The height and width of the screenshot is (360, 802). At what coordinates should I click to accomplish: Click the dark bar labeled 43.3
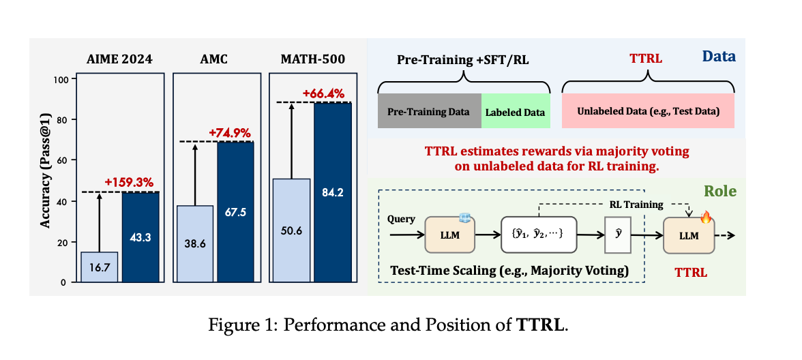140,237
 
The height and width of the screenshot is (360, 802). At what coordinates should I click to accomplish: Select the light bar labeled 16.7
100,267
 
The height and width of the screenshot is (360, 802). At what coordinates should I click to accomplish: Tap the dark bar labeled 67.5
236,211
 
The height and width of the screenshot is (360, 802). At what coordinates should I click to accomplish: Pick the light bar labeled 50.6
291,230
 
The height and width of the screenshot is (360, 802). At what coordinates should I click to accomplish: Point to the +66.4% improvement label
323,93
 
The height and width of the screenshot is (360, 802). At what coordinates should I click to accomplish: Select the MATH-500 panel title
312,59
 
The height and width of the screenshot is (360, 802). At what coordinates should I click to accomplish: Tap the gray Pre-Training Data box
429,111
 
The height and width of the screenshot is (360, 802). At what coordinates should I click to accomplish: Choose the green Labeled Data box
515,111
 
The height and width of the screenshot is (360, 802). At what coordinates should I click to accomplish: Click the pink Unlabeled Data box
648,111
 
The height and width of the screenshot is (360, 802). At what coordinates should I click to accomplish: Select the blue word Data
719,56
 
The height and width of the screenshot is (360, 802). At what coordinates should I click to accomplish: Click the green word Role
720,191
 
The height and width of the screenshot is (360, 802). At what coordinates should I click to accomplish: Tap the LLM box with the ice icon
449,235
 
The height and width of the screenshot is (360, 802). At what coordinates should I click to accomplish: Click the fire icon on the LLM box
706,218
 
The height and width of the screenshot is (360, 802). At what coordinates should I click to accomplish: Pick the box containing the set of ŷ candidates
538,235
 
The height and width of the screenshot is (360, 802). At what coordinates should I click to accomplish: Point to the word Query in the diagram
402,220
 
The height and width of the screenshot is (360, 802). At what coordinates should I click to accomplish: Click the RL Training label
636,205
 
